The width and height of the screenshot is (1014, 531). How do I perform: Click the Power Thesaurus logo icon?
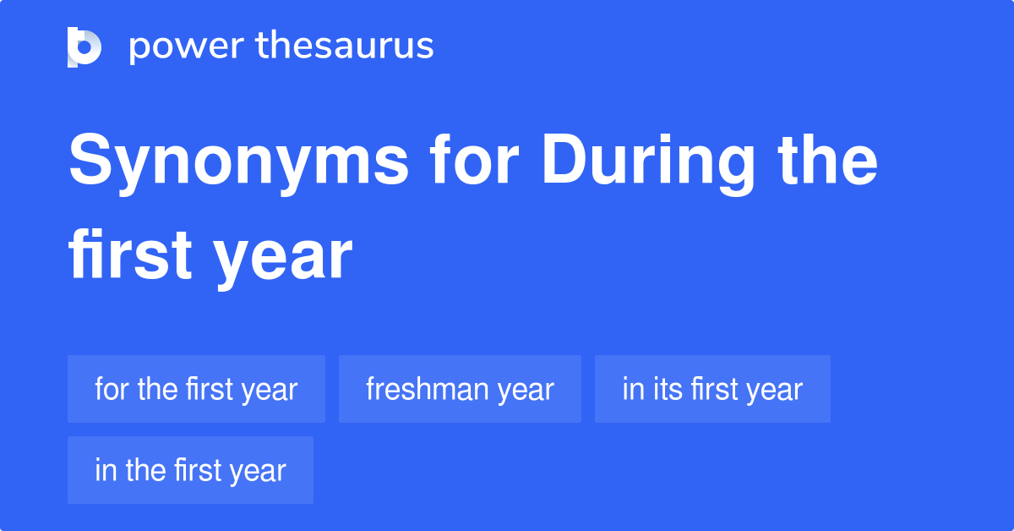(x=84, y=47)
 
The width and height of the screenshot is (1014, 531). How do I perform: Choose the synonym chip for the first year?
(x=196, y=389)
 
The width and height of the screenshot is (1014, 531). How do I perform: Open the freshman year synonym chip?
(x=460, y=389)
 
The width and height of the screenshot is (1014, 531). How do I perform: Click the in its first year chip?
(x=712, y=389)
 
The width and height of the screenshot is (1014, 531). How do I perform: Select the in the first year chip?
(x=190, y=470)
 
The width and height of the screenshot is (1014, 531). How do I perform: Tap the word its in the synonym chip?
(x=668, y=389)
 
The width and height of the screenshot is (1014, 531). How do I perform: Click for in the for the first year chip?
(x=112, y=389)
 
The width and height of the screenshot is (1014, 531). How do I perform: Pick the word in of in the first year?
(x=106, y=470)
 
